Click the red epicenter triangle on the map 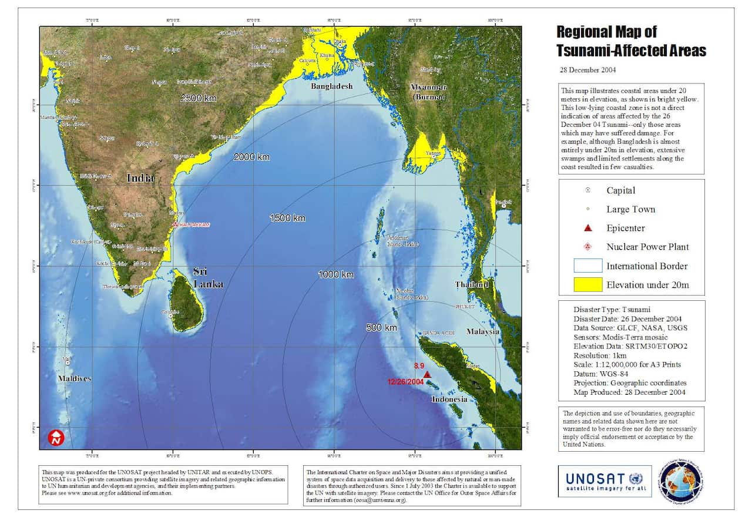(427, 375)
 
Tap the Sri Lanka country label (208, 277)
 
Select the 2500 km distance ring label (199, 98)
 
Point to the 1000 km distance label (336, 275)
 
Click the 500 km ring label (382, 327)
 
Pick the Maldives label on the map (75, 378)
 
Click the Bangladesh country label (332, 86)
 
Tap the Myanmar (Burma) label (428, 92)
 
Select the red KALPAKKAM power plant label (195, 225)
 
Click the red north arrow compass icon (56, 438)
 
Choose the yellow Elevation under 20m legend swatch (588, 285)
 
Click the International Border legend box (588, 266)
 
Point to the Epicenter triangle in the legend (589, 229)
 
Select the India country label (140, 177)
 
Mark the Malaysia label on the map (483, 331)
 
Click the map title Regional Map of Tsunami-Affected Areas (631, 41)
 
